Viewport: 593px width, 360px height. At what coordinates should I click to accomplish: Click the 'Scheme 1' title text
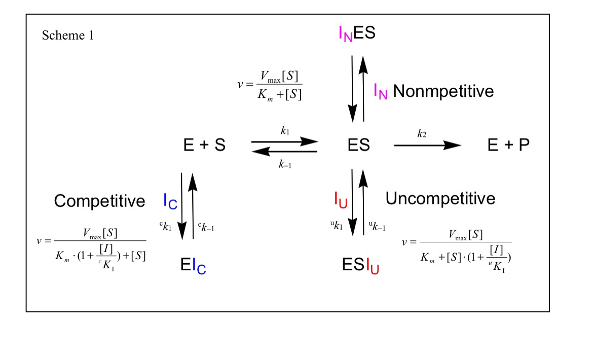click(x=68, y=35)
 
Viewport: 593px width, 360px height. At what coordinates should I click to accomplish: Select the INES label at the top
click(x=357, y=33)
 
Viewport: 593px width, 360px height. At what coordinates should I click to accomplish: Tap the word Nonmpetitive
click(x=443, y=91)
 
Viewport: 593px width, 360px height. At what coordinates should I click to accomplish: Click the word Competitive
click(x=99, y=201)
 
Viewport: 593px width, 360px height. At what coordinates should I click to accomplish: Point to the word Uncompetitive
click(x=440, y=198)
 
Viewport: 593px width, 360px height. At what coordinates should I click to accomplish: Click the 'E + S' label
click(x=204, y=146)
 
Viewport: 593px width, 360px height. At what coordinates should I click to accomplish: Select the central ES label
click(x=358, y=146)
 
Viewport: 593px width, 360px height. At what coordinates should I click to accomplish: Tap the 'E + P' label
click(x=508, y=146)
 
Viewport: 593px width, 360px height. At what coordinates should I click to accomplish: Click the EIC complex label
click(x=193, y=266)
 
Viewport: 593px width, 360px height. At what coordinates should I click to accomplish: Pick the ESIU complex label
click(x=361, y=266)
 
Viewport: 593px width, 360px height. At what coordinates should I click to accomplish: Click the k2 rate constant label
click(x=422, y=133)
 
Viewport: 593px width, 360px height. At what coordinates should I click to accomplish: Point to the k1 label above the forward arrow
click(x=285, y=130)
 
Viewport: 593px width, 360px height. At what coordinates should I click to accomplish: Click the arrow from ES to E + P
click(x=427, y=146)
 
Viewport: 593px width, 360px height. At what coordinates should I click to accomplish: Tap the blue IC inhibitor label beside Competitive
click(x=170, y=201)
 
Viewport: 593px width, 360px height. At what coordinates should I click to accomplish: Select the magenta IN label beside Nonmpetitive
click(x=381, y=92)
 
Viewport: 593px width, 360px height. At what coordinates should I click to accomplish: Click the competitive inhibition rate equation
click(x=91, y=245)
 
